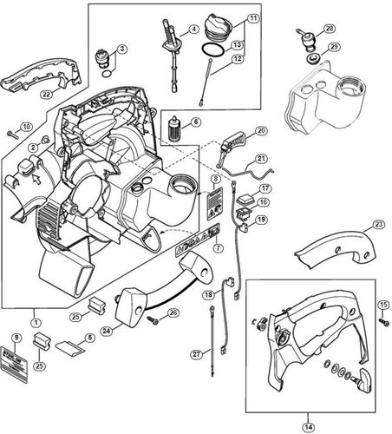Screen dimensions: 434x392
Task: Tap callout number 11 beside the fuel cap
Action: (x=252, y=18)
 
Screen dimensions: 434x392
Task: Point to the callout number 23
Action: (x=378, y=224)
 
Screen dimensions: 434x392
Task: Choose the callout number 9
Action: (x=16, y=337)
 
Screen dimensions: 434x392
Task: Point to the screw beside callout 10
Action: (x=11, y=134)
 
